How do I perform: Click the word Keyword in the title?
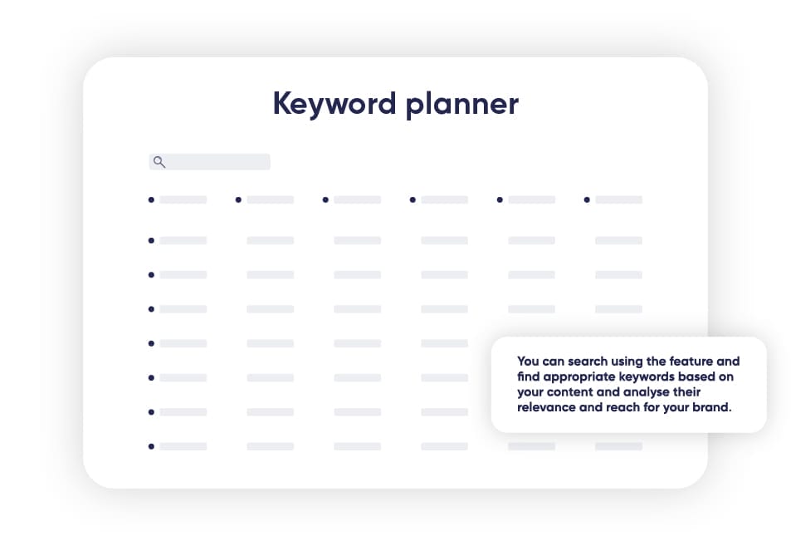tap(334, 104)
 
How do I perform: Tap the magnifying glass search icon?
tap(159, 162)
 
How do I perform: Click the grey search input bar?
tap(209, 161)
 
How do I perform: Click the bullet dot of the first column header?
tap(151, 200)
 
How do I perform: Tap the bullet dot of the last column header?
tap(587, 200)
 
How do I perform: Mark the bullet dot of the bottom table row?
tap(151, 446)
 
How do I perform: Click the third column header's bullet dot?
tap(325, 200)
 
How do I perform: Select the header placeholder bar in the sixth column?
tap(619, 200)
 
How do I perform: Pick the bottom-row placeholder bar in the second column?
tap(271, 446)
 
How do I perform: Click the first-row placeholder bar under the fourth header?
tap(444, 240)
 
